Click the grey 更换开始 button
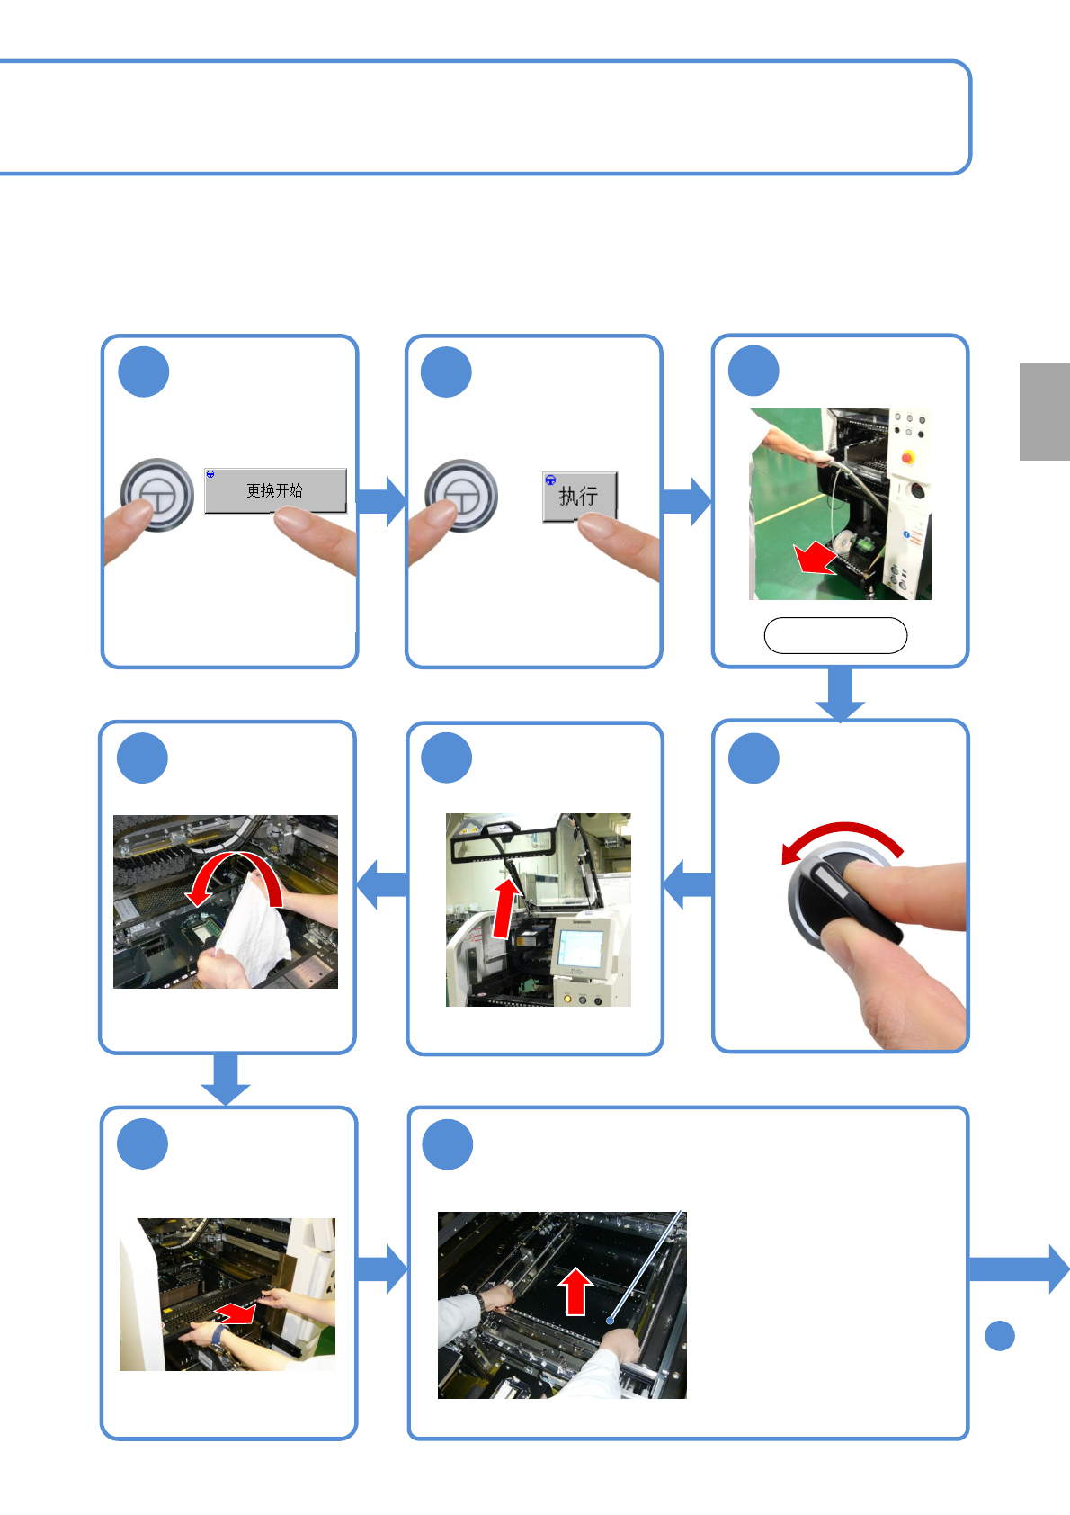[x=275, y=490]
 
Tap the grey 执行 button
[x=579, y=497]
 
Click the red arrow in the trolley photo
[x=816, y=557]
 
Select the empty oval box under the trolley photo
[x=835, y=635]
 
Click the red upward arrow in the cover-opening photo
[x=505, y=907]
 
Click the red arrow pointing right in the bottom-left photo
[x=235, y=1313]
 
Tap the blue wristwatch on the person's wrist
[x=218, y=1336]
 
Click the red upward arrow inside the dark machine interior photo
[x=575, y=1291]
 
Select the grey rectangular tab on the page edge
[x=1044, y=412]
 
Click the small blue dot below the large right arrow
[x=1000, y=1336]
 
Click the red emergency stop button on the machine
[x=908, y=457]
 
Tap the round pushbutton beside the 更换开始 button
[x=156, y=495]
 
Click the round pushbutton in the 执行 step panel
[x=461, y=496]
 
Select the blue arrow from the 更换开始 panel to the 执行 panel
[x=381, y=501]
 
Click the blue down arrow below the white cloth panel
[x=226, y=1079]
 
